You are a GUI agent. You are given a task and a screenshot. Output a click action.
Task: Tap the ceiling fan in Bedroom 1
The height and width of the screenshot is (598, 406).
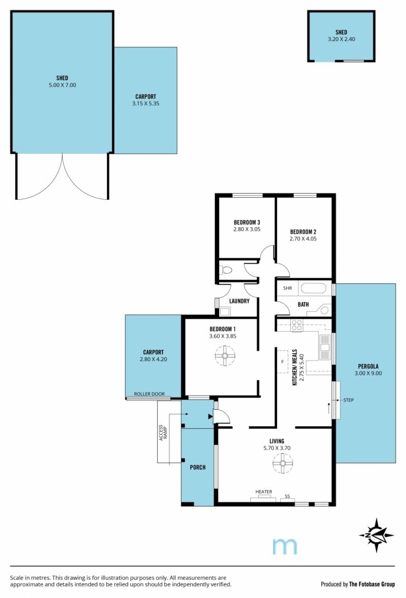coord(225,356)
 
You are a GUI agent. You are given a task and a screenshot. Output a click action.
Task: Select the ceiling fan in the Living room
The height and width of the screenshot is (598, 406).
coord(283,463)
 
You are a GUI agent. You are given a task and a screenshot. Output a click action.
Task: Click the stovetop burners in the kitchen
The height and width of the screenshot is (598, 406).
coord(297,325)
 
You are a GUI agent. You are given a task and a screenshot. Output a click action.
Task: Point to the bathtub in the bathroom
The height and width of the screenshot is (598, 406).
coord(313,288)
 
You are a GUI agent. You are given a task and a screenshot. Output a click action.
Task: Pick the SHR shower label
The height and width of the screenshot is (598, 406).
coord(287,288)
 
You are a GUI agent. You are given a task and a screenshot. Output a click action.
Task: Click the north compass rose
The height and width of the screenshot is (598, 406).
coord(376,535)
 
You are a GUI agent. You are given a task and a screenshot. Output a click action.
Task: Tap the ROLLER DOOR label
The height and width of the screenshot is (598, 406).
coord(149,394)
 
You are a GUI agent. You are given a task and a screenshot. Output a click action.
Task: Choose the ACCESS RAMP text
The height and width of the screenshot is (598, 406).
coord(163,433)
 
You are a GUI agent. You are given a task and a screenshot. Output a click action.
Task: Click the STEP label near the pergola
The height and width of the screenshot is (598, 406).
coord(348,400)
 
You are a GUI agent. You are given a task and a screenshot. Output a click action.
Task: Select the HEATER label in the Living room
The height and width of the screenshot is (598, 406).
coord(264,491)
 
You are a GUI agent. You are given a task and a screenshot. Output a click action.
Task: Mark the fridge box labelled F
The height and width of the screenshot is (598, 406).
coord(283,362)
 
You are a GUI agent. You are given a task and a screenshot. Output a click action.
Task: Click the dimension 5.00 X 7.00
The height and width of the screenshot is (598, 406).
coord(62,85)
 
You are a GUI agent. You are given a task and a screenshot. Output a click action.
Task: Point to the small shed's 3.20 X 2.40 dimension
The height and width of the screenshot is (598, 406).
coord(341,39)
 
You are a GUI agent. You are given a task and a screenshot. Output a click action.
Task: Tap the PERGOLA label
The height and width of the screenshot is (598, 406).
coord(368,367)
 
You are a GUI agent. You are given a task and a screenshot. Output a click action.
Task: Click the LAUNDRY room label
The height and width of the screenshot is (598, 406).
coord(239,301)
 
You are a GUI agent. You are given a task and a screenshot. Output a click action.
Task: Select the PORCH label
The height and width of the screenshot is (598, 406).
coord(197,467)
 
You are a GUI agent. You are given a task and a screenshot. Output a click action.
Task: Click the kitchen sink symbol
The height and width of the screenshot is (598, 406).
coord(325,347)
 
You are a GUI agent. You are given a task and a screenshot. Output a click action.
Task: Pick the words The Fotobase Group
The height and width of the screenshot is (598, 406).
coord(372,584)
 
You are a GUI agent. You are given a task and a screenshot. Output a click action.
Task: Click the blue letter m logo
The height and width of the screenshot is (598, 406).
coord(285,546)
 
